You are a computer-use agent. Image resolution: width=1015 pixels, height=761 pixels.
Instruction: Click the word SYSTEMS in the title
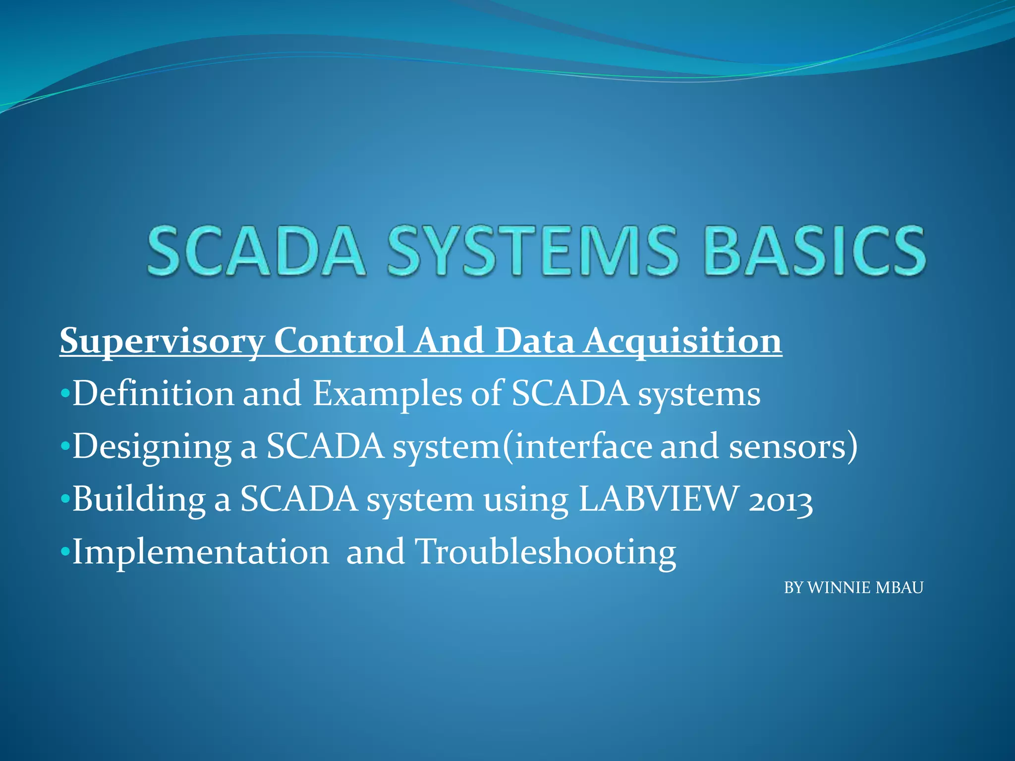click(532, 250)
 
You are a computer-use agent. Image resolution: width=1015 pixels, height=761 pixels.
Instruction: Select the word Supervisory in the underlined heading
click(162, 342)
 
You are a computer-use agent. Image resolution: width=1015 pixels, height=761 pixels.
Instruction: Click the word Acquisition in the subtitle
click(682, 342)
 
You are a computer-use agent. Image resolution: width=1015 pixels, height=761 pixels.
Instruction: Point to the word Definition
click(153, 394)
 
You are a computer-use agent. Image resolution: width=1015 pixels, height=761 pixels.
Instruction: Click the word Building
click(139, 499)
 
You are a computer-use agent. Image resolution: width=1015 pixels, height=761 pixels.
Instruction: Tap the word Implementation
click(201, 552)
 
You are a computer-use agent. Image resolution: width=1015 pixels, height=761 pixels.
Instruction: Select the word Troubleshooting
click(545, 552)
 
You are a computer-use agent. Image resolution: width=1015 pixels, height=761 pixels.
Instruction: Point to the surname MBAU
click(900, 588)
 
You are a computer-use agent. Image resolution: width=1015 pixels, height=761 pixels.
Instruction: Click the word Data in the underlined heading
click(535, 341)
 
